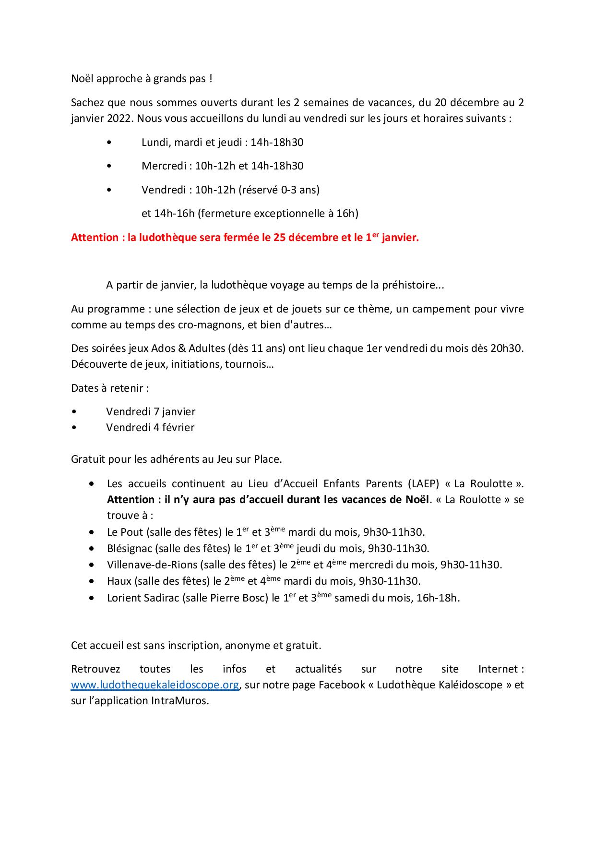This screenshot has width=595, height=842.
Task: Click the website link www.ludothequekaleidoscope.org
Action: click(x=155, y=685)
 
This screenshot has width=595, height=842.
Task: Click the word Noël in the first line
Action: click(x=82, y=79)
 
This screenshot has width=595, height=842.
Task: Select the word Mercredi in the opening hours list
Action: click(x=164, y=166)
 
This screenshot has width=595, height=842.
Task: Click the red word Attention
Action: click(x=95, y=238)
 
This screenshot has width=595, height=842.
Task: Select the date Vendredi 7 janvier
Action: click(x=151, y=411)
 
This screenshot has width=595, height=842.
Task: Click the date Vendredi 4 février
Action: click(x=150, y=427)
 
